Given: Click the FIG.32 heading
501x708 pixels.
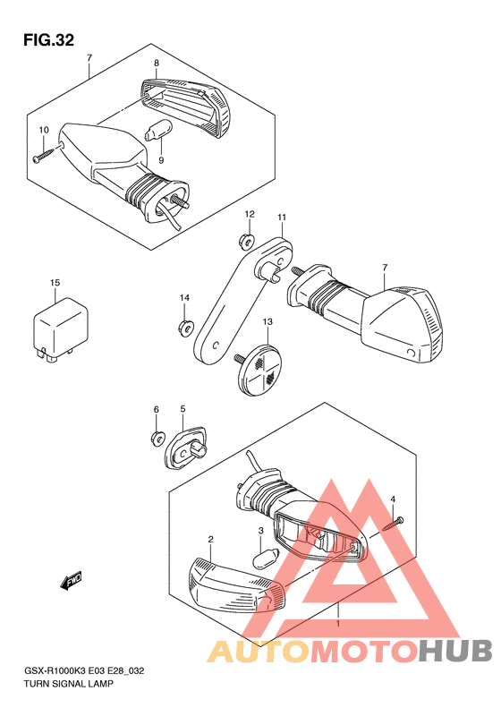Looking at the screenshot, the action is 48,40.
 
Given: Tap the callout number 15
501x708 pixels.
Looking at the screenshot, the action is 55,283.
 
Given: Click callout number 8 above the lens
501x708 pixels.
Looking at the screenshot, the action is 157,63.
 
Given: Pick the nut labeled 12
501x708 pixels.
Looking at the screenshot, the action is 246,243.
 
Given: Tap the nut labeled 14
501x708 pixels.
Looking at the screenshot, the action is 184,328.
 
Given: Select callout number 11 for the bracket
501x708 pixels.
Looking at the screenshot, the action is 282,218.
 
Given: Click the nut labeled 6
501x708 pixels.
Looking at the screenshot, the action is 157,438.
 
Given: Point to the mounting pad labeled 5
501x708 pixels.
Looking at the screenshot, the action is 185,447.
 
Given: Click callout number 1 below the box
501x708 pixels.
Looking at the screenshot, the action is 337,624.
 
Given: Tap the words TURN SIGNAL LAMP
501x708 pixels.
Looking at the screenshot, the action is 69,684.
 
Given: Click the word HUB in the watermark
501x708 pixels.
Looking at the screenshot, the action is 455,652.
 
